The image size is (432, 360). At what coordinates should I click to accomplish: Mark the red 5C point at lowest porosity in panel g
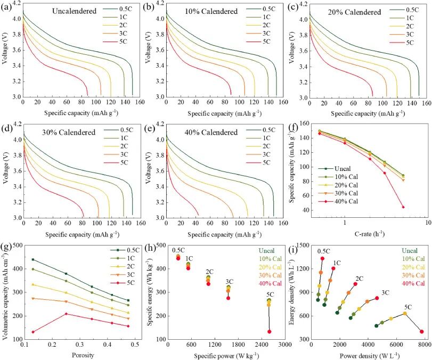[x=33, y=332]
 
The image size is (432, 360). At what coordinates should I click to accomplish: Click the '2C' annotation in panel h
[x=209, y=271]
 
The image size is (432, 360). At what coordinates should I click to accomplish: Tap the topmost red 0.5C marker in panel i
[x=322, y=258]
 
